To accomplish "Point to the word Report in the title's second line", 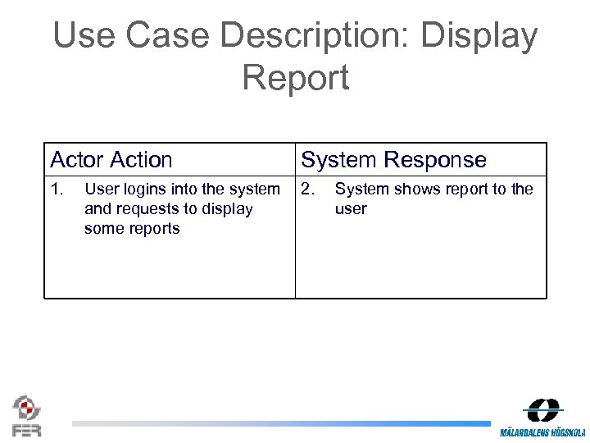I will point(295,78).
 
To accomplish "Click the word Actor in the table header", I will point(77,160).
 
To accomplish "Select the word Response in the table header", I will point(438,160).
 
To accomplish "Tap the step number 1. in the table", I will point(57,190).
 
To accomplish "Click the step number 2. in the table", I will point(307,190).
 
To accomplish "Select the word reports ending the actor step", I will point(155,229).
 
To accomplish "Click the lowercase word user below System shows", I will point(351,209).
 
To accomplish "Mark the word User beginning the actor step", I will point(102,190).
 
